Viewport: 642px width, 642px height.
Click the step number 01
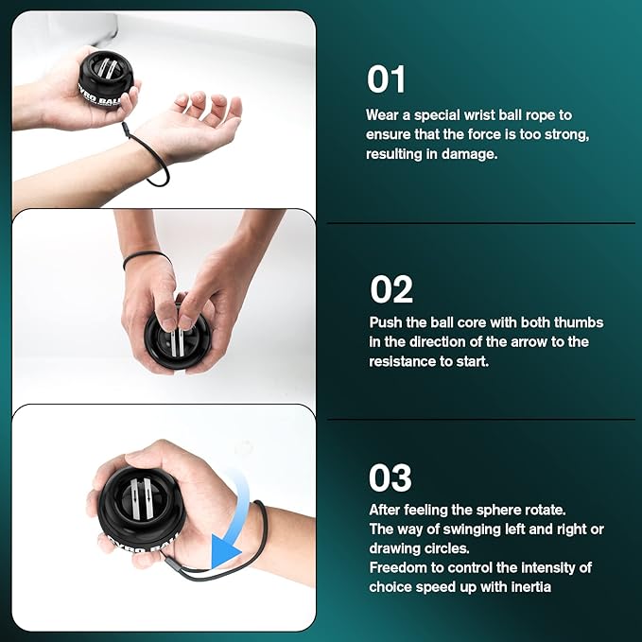click(386, 79)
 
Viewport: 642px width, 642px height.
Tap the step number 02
click(391, 289)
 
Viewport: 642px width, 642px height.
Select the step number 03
click(390, 477)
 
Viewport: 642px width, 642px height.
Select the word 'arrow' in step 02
click(529, 342)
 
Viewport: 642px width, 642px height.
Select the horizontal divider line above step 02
click(481, 223)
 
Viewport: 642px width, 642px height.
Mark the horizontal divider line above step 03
click(481, 419)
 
